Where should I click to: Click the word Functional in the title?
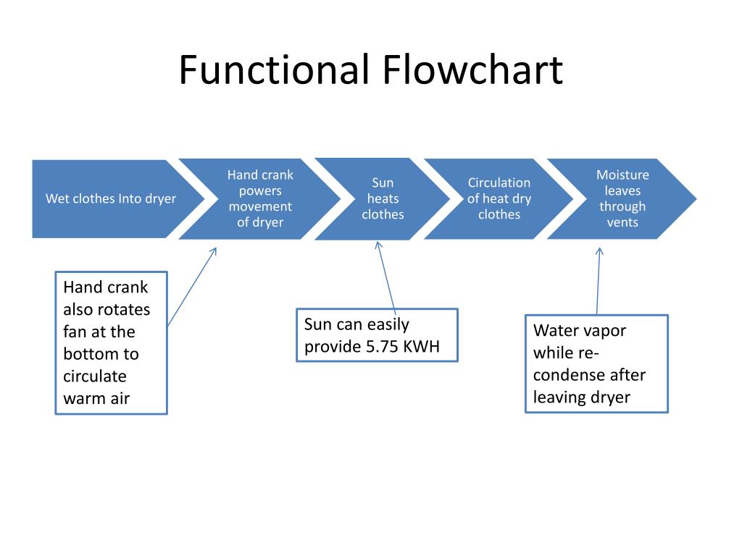tap(274, 69)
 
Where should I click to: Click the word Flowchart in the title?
tap(472, 69)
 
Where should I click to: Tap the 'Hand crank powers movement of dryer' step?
tap(260, 198)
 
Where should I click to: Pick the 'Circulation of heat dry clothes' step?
tap(499, 198)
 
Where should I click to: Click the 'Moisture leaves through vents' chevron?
tap(622, 198)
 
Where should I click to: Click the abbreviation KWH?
tap(421, 347)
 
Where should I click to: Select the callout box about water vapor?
tap(597, 363)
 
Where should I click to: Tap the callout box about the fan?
tap(111, 342)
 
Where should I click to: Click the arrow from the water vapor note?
tap(598, 281)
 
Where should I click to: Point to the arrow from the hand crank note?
tap(192, 287)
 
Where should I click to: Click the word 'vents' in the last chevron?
tap(622, 222)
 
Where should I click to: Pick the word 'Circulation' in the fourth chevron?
tap(499, 182)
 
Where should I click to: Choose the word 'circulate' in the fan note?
tap(95, 376)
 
